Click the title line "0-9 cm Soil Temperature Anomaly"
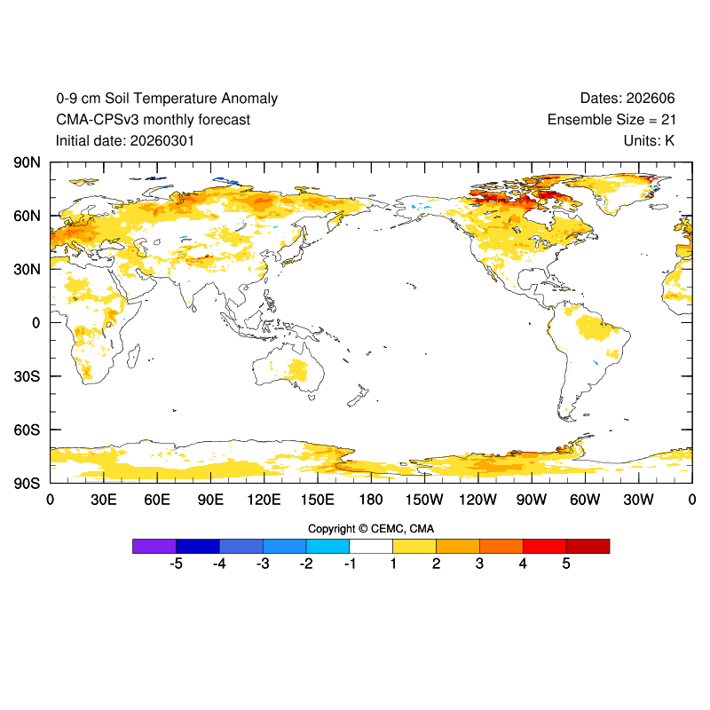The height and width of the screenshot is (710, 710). [x=167, y=99]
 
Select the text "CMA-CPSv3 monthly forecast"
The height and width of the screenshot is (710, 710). [x=153, y=120]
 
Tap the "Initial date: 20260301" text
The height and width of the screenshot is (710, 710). [x=125, y=140]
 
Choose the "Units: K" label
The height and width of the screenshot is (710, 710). [x=649, y=140]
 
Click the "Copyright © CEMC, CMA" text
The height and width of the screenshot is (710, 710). [x=371, y=529]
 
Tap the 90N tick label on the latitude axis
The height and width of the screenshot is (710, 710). [x=27, y=162]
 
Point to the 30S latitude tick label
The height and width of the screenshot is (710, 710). [x=27, y=376]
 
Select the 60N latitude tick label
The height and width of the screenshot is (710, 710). [x=27, y=216]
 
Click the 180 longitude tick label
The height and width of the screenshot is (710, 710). [x=371, y=501]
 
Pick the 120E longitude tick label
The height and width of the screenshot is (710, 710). [x=264, y=501]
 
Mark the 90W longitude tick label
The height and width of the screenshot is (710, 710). [x=532, y=501]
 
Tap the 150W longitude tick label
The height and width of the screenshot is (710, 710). [x=424, y=501]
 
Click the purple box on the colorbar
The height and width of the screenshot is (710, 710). [x=154, y=546]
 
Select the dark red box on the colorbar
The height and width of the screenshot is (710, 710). [x=588, y=546]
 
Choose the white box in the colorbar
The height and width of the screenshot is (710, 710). [x=371, y=546]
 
